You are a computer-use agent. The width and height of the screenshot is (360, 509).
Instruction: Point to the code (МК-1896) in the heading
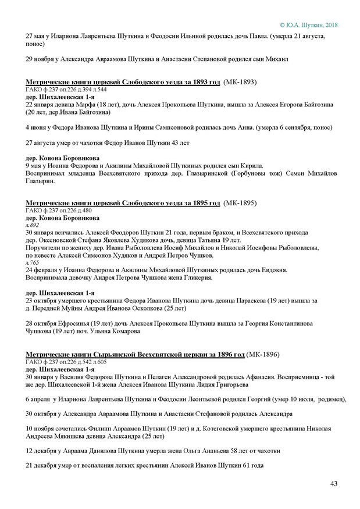coord(263,354)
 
